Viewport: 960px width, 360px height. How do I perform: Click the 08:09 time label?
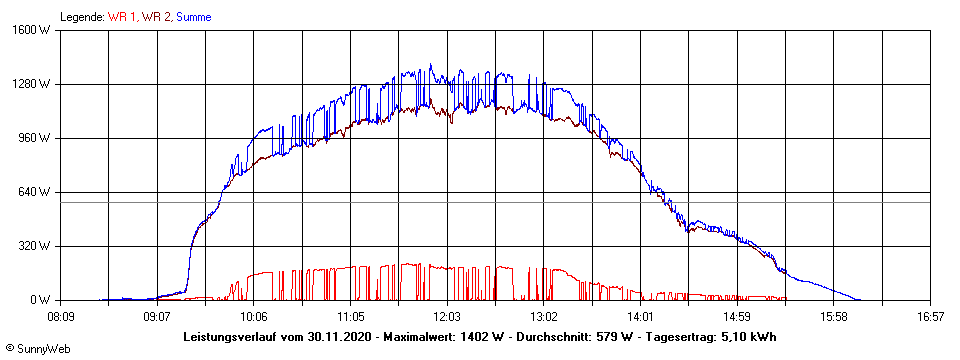pyautogui.click(x=61, y=316)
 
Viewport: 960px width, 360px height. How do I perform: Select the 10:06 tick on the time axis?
pyautogui.click(x=254, y=316)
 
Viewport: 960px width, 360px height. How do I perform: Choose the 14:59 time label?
pyautogui.click(x=737, y=316)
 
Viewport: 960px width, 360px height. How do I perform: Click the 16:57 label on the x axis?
pyautogui.click(x=930, y=316)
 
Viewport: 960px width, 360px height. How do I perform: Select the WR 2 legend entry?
pyautogui.click(x=155, y=17)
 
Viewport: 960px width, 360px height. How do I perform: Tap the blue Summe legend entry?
pyautogui.click(x=194, y=17)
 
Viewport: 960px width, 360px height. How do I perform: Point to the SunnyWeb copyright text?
pyautogui.click(x=38, y=349)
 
